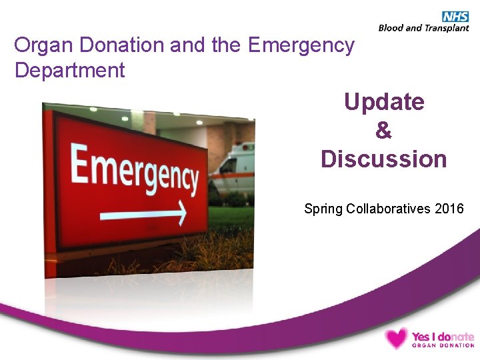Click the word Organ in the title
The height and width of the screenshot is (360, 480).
click(x=42, y=45)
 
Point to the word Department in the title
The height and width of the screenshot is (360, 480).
click(x=70, y=70)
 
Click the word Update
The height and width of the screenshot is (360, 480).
click(x=384, y=102)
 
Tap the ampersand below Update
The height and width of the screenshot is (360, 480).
click(x=384, y=131)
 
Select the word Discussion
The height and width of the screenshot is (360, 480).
click(x=384, y=159)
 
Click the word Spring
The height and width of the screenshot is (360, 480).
click(x=323, y=209)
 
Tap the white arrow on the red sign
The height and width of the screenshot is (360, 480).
click(x=143, y=214)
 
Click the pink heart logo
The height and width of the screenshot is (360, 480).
click(x=395, y=338)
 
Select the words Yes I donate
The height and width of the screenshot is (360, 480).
click(x=443, y=337)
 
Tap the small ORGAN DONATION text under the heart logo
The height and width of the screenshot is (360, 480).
click(x=443, y=345)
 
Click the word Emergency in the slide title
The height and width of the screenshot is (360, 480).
click(x=301, y=45)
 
